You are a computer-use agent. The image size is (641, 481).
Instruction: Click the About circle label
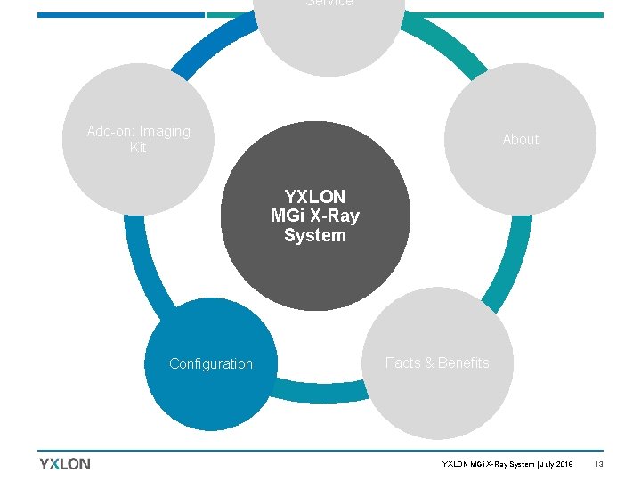click(x=520, y=139)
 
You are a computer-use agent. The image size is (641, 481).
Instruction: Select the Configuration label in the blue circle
click(x=211, y=363)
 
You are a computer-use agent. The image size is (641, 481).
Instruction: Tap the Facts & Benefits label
click(x=437, y=363)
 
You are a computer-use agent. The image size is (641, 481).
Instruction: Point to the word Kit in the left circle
click(x=138, y=148)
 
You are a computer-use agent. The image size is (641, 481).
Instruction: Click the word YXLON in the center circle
click(x=315, y=196)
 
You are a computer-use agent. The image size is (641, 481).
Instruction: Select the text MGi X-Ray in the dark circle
click(x=315, y=216)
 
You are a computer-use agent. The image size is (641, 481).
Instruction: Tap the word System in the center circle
click(x=315, y=235)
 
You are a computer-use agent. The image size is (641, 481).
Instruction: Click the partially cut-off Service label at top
click(x=329, y=4)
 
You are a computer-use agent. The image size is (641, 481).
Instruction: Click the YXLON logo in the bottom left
click(x=65, y=463)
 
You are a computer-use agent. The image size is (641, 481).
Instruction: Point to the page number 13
click(x=599, y=464)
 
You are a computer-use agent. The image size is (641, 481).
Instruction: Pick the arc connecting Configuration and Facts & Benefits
click(x=320, y=390)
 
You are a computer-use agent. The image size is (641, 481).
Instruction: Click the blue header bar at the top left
click(x=120, y=15)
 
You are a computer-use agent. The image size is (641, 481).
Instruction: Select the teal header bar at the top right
click(x=507, y=15)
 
